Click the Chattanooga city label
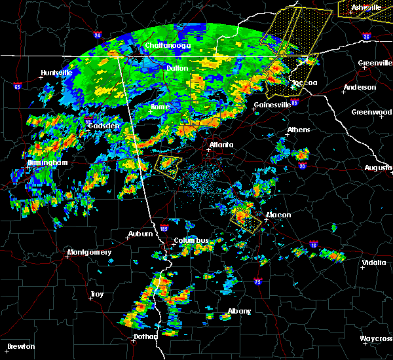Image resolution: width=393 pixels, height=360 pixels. (x=166, y=45)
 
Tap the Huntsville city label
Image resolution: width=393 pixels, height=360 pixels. (x=56, y=73)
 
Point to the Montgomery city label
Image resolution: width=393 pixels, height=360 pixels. (x=90, y=252)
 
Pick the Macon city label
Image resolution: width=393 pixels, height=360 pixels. (x=278, y=215)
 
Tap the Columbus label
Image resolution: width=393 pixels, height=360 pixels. (x=191, y=240)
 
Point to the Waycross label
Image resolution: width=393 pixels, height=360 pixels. (x=375, y=339)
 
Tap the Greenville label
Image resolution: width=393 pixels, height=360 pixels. (x=375, y=63)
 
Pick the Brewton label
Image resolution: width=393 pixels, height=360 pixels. (x=22, y=346)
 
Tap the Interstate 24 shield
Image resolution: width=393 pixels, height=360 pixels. (x=98, y=35)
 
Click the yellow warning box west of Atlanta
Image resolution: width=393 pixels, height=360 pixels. (x=168, y=166)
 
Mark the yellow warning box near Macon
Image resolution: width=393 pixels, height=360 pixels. (x=246, y=218)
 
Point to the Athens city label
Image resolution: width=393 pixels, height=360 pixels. (x=298, y=130)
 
